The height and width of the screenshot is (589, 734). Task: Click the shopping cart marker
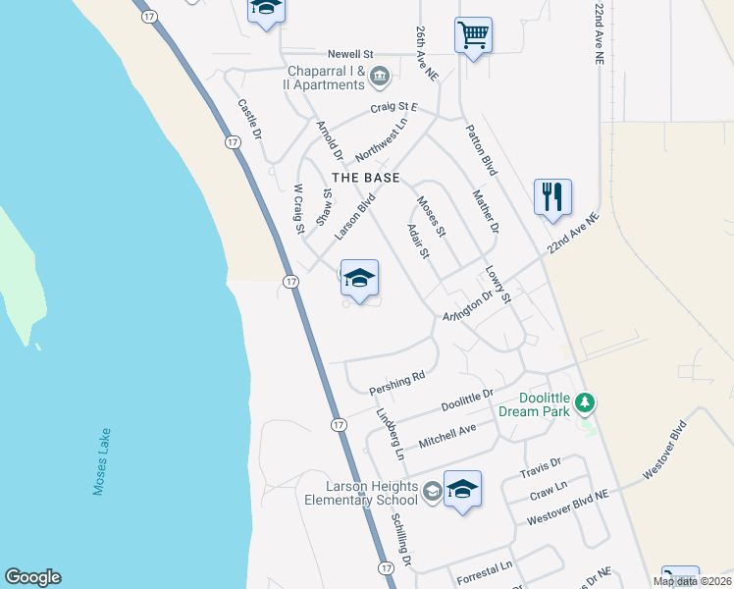473,36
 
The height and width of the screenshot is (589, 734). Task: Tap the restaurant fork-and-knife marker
553,196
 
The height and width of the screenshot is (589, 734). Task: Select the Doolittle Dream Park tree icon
585,402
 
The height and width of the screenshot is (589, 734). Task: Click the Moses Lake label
102,461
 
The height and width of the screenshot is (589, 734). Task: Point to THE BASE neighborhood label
366,178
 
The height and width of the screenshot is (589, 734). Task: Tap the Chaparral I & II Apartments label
326,78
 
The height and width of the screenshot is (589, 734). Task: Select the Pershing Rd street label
397,383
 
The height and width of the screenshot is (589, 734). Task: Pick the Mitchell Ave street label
446,436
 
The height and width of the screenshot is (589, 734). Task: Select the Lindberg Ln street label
390,435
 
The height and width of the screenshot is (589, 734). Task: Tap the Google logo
32,577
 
